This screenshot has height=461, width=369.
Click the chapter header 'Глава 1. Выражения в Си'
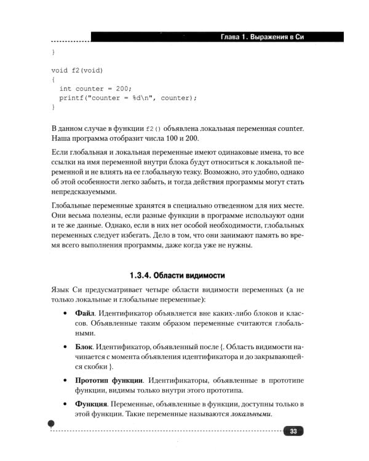tap(262, 37)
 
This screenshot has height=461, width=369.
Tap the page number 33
tap(294, 431)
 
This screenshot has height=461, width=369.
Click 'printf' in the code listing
tap(71, 97)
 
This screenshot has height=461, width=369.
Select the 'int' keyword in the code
tap(65, 88)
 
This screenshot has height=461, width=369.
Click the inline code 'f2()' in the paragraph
tap(153, 128)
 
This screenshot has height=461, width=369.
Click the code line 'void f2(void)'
tap(77, 70)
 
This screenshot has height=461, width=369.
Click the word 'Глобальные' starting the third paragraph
tap(71, 203)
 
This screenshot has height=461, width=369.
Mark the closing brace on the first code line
tap(53, 52)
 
